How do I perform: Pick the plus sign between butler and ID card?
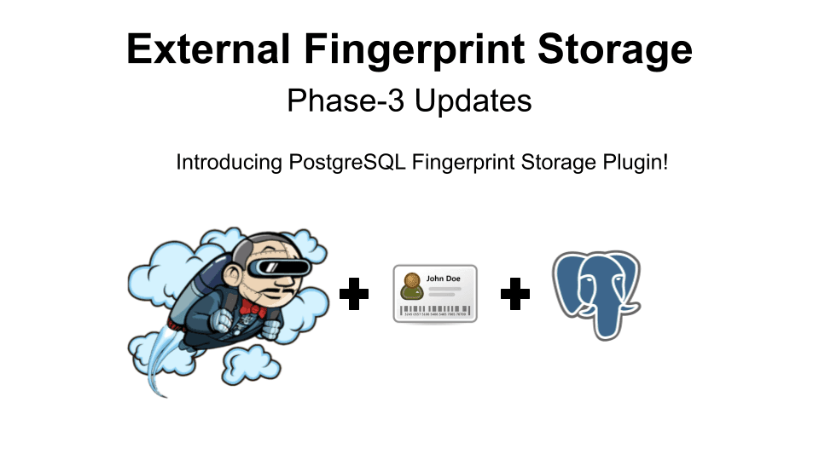(354, 295)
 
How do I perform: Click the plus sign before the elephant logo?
(514, 295)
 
